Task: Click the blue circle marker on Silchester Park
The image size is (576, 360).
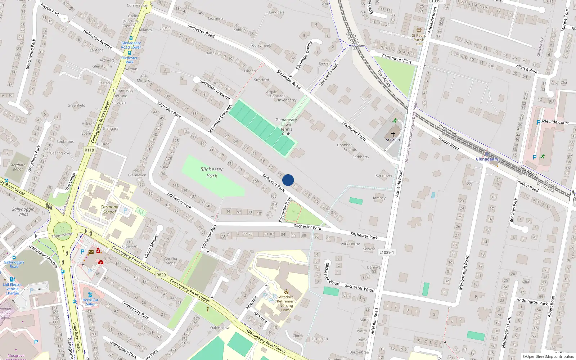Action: pos(288,180)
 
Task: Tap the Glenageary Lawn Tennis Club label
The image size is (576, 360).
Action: pos(286,127)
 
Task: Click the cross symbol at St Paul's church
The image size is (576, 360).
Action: pos(393,134)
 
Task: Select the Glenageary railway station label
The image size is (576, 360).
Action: pos(487,159)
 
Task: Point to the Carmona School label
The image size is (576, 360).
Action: pos(109,210)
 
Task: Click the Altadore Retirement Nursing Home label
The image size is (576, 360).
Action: pos(286,303)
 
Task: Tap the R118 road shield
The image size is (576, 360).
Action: pos(89,150)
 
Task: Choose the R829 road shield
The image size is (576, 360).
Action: pos(161,275)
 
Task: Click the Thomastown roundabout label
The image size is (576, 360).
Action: pos(62,235)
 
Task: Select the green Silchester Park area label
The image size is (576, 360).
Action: pos(212,172)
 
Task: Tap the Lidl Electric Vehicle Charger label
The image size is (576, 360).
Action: pos(13,289)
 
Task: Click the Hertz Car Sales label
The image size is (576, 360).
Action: pos(90,302)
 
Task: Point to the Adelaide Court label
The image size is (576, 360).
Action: pos(555,122)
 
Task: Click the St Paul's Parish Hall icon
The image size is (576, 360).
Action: pos(418,30)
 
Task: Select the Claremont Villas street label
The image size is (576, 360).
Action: pos(397,59)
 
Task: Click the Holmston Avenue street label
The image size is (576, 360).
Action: pos(98,39)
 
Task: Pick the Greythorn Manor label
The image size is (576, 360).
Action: pos(17,167)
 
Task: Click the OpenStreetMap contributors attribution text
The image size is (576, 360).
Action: pos(549,356)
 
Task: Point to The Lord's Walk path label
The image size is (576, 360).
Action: pos(329,75)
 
